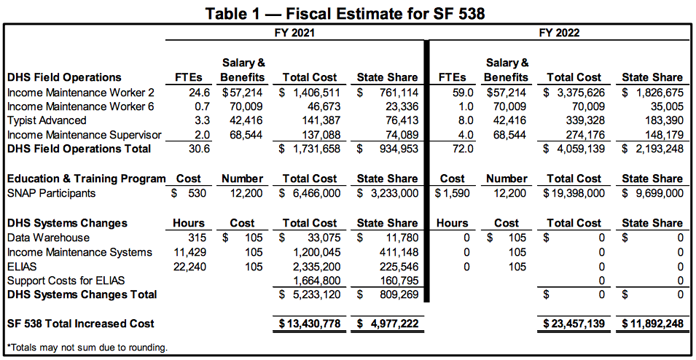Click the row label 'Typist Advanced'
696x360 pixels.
(x=47, y=120)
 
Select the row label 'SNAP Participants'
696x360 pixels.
(x=52, y=194)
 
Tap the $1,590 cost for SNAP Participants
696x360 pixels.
(x=452, y=194)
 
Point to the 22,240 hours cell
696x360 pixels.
(x=190, y=267)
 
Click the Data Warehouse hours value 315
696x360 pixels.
(x=197, y=238)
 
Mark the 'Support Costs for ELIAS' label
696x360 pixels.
(x=66, y=281)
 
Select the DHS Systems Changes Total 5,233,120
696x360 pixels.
(x=317, y=294)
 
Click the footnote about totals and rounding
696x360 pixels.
(x=88, y=348)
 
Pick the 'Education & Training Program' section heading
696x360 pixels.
(x=87, y=179)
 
